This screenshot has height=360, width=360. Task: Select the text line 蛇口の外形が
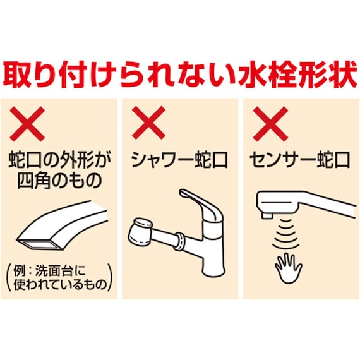point(59,160)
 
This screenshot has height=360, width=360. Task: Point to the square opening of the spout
point(39,243)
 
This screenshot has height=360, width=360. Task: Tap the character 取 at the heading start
point(20,75)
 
